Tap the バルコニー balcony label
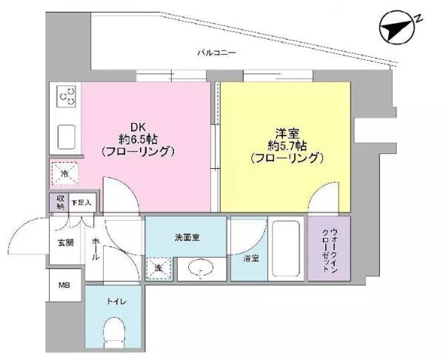[x=217, y=53]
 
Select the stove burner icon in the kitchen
[x=67, y=96]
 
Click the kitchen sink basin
[x=67, y=137]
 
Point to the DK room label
[x=138, y=126]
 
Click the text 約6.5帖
[x=138, y=139]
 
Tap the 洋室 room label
[x=287, y=133]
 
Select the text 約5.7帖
[x=287, y=146]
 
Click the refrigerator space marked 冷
[x=64, y=173]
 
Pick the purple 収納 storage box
[x=59, y=202]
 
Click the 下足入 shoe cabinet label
[x=81, y=203]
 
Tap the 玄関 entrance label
[x=66, y=243]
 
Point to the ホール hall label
[x=96, y=249]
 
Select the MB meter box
[x=64, y=285]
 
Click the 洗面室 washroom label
[x=187, y=238]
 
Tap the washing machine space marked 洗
[x=159, y=268]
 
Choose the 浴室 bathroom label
[x=251, y=259]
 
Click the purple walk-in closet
[x=330, y=249]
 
